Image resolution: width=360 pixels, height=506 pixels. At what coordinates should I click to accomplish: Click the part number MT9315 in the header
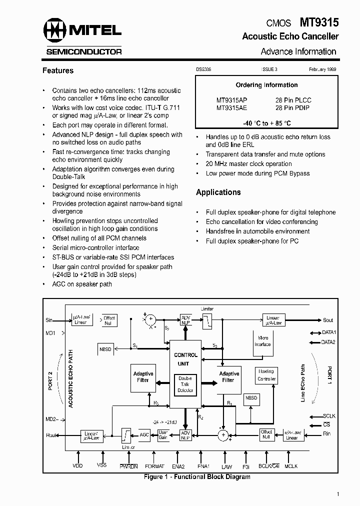[x=319, y=22]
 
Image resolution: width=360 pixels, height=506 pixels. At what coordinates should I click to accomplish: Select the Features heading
[x=58, y=71]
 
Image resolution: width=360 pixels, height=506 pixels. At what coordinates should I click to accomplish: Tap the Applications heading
[x=218, y=192]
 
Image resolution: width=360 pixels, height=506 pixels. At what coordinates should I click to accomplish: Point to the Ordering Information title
[x=266, y=85]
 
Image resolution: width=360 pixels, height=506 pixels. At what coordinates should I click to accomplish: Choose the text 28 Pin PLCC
[x=293, y=100]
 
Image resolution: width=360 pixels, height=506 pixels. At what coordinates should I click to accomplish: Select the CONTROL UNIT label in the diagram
[x=185, y=359]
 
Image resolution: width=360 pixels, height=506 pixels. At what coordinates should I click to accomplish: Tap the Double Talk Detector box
[x=185, y=384]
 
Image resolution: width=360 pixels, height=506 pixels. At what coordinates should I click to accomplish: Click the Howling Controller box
[x=266, y=375]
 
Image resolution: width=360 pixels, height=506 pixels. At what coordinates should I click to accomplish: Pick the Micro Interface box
[x=262, y=341]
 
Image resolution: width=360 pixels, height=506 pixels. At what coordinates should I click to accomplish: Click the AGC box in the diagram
[x=144, y=434]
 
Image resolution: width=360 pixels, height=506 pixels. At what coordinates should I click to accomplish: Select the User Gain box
[x=163, y=434]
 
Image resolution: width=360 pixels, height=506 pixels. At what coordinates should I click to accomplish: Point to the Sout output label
[x=328, y=320]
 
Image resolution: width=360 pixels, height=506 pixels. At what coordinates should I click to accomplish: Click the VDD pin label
[x=77, y=465]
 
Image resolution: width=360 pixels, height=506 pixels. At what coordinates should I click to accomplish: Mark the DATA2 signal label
[x=328, y=342]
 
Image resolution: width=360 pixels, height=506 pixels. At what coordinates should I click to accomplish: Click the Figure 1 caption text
[x=196, y=477]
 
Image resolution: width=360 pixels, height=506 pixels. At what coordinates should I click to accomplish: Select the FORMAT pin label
[x=154, y=466]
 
